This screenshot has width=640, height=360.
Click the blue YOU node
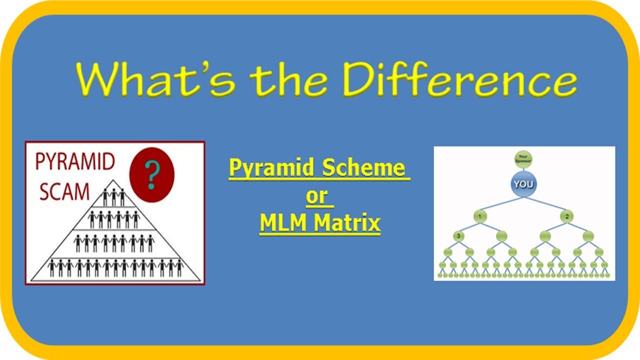coord(523,184)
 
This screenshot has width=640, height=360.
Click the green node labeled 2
coord(566,216)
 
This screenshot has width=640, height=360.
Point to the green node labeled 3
coord(458,236)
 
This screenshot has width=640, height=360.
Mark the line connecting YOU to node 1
coord(500,203)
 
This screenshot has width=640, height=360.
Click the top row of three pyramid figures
coord(113,197)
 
